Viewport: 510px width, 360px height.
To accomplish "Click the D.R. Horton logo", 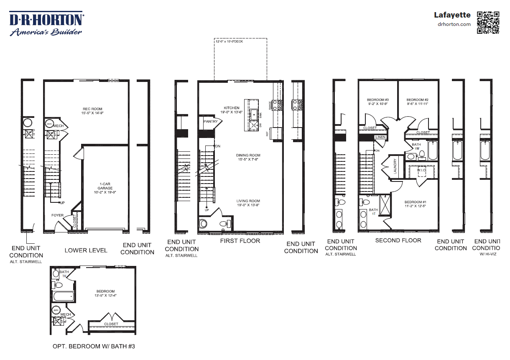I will pyautogui.click(x=46, y=24).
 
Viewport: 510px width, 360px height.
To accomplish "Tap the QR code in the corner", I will pyautogui.click(x=488, y=22).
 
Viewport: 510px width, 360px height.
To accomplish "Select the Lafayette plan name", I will pyautogui.click(x=452, y=15).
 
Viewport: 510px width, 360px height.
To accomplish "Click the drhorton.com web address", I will pyautogui.click(x=454, y=24).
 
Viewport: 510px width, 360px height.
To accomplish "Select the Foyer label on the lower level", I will pyautogui.click(x=57, y=215).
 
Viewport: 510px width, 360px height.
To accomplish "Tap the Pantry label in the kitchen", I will pyautogui.click(x=210, y=122).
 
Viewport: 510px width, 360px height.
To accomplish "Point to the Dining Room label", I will pyautogui.click(x=248, y=157).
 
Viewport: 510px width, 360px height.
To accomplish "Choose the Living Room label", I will pyautogui.click(x=248, y=203).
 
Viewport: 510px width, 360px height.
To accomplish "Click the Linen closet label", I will pyautogui.click(x=380, y=137).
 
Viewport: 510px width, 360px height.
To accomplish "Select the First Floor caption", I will pyautogui.click(x=240, y=241).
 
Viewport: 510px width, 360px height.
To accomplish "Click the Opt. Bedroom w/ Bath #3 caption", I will pyautogui.click(x=94, y=346).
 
